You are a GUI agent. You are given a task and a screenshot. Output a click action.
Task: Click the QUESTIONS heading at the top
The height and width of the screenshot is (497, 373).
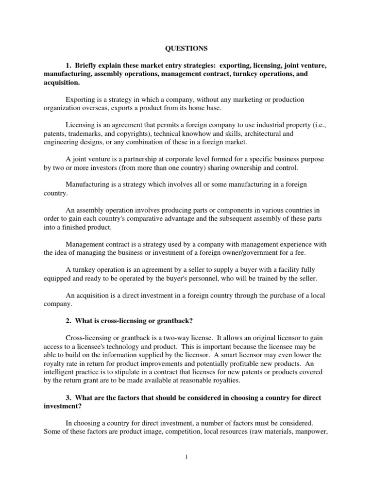(x=186, y=48)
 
